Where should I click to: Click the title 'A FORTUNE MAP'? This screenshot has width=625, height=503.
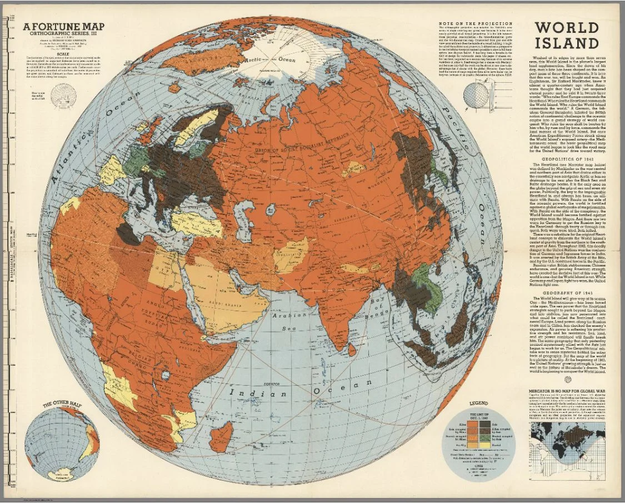coord(65,27)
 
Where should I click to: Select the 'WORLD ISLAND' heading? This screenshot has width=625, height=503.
coord(567,36)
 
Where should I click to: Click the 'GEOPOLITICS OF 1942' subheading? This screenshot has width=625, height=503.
coord(566,158)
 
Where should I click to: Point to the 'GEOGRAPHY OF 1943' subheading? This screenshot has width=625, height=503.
coord(566,292)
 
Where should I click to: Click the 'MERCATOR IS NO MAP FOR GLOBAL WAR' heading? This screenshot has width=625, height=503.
coord(567,391)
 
